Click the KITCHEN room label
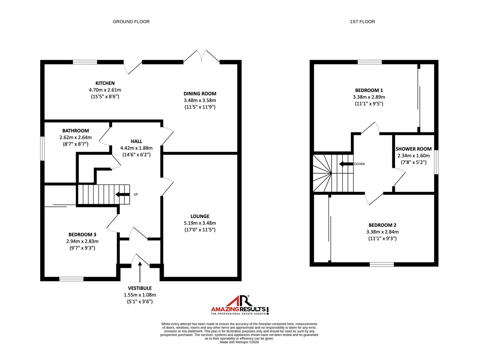105,83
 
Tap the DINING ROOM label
200,94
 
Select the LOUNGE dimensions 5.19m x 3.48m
200,223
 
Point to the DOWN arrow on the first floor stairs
346,164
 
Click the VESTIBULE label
140,288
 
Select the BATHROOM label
75,131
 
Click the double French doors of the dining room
201,56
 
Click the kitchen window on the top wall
85,62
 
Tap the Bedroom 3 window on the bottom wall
71,279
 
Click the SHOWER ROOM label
413,149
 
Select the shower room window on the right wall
436,162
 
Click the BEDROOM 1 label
369,90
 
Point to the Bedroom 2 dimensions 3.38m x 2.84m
382,232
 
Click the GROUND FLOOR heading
131,22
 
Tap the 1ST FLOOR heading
362,22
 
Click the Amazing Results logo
239,305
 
